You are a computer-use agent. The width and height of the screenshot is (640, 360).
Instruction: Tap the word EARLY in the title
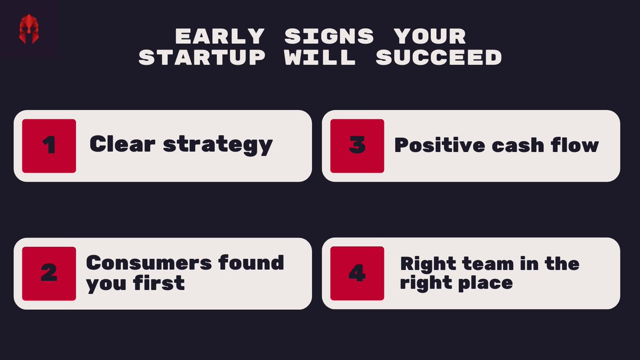pos(220,37)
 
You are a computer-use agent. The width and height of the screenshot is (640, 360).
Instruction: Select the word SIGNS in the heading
pos(330,37)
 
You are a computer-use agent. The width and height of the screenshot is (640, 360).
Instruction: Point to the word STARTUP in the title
pos(202,58)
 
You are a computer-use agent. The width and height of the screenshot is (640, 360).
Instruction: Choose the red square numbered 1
pos(49,146)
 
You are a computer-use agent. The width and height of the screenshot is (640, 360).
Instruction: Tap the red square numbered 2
pos(49,273)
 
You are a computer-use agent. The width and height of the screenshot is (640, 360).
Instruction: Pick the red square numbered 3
pos(357,146)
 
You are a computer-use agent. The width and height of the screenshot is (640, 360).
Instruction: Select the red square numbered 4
pos(357,273)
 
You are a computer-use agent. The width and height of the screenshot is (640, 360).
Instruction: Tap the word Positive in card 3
pos(431,145)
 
